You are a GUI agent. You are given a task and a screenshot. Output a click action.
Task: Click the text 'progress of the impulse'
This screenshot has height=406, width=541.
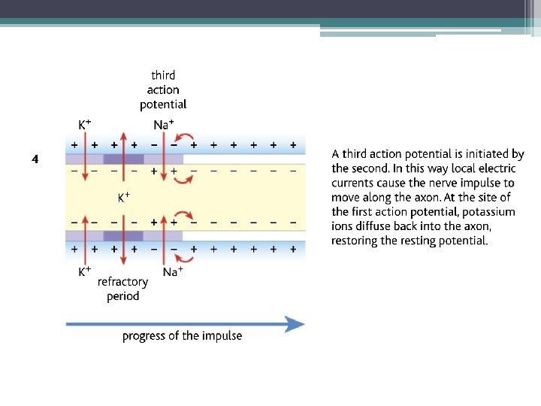(x=183, y=336)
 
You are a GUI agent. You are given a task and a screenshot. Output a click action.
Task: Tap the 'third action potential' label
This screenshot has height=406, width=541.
(x=163, y=89)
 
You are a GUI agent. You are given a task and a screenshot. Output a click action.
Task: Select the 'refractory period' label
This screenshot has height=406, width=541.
(x=122, y=289)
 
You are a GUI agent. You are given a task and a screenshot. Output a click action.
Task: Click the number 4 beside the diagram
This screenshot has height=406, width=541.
(x=35, y=159)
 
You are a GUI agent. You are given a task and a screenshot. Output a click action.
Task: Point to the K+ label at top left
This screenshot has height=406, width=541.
(x=86, y=124)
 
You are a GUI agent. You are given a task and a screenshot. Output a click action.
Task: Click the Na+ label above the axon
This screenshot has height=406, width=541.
(x=164, y=125)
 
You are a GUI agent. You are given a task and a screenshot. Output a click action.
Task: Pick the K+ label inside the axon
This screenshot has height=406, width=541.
(x=123, y=198)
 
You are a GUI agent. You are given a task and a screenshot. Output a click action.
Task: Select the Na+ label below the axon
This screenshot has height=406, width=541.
(x=171, y=271)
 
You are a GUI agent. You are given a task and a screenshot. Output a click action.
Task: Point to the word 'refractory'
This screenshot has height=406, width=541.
(x=122, y=282)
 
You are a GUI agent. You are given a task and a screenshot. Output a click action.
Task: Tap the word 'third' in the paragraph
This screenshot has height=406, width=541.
(x=355, y=154)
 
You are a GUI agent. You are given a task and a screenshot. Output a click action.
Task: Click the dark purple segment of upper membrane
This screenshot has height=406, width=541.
(x=123, y=159)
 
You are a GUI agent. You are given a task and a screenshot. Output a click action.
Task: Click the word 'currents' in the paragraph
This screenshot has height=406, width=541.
(x=355, y=183)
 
